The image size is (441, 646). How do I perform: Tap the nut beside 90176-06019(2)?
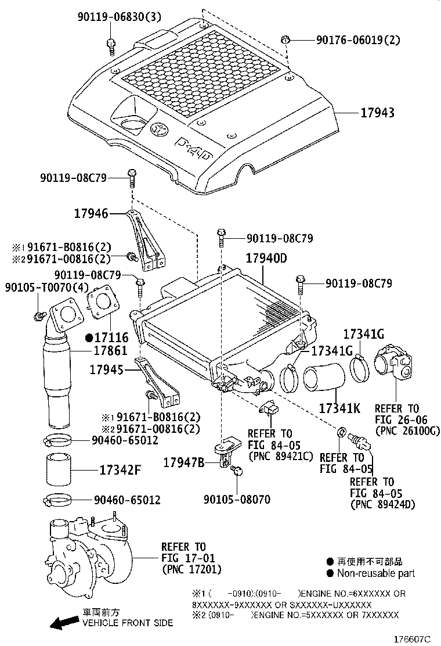click(285, 40)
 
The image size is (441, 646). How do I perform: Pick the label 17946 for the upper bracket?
click(91, 213)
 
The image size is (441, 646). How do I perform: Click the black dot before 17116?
click(89, 337)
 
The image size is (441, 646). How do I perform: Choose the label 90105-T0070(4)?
click(48, 287)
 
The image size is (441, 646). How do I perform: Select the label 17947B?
click(183, 462)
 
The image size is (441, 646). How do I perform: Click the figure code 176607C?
click(415, 639)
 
